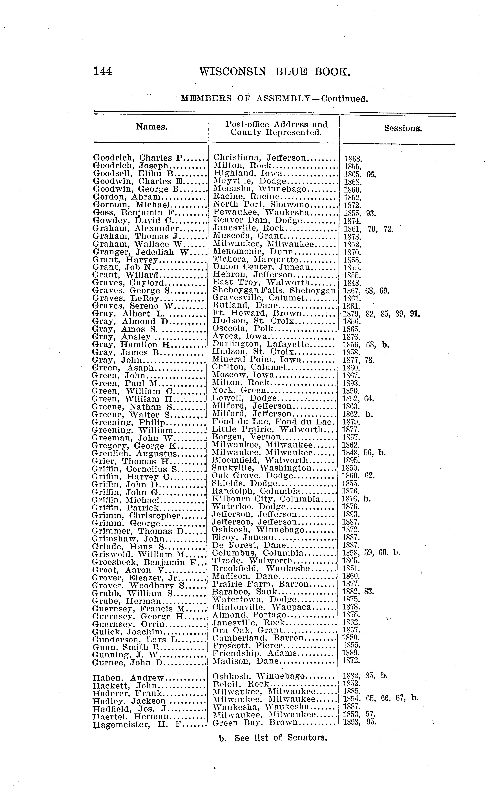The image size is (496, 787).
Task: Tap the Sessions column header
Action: tap(403, 128)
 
